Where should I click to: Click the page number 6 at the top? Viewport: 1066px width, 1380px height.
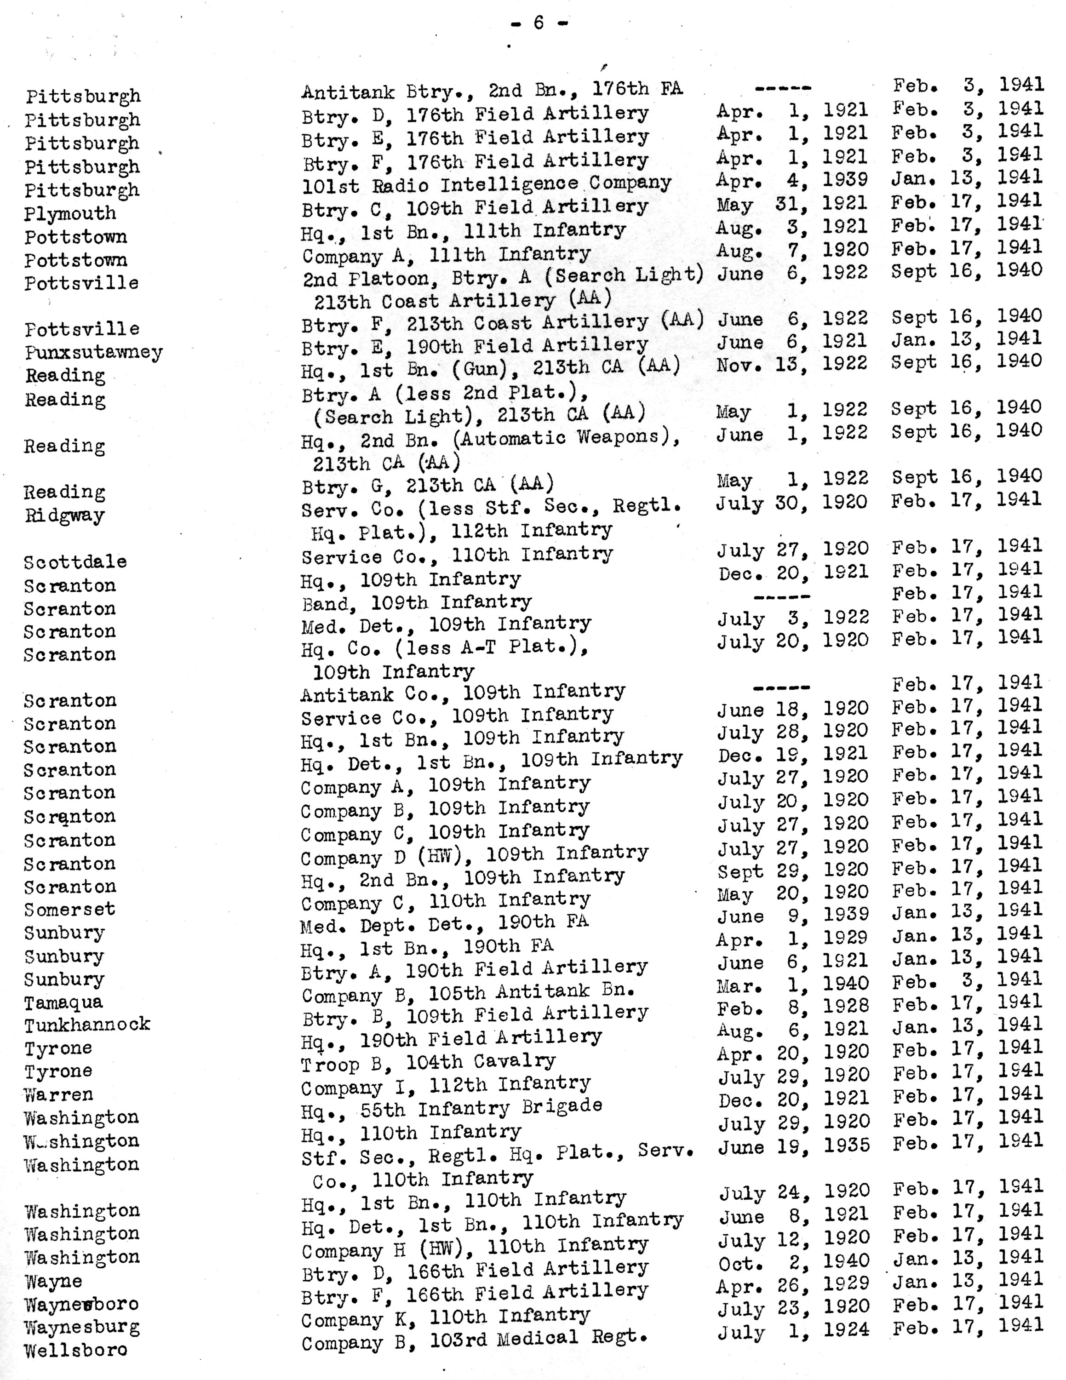(539, 23)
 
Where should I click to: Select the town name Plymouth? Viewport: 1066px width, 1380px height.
(70, 214)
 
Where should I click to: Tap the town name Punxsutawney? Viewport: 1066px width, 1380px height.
(93, 353)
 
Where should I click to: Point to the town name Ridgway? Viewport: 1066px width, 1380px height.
(64, 515)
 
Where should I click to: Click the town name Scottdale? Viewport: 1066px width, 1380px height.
(75, 562)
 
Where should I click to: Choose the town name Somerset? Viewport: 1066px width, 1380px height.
(69, 910)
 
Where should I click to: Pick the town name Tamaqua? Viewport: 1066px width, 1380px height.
(63, 1003)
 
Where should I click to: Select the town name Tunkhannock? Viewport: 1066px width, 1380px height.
(87, 1025)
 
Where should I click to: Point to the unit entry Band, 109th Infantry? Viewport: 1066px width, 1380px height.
(416, 603)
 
